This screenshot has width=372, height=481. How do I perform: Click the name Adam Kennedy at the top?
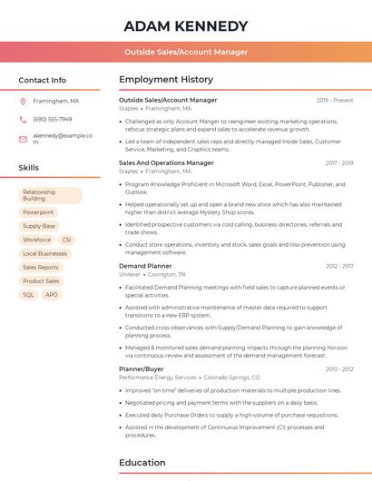(x=185, y=25)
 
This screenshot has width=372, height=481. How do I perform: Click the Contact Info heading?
(x=42, y=80)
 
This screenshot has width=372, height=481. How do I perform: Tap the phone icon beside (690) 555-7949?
(x=23, y=119)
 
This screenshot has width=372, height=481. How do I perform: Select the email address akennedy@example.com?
(x=63, y=138)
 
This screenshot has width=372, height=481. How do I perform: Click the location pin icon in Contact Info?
(x=23, y=101)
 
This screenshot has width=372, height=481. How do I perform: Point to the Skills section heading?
(x=29, y=168)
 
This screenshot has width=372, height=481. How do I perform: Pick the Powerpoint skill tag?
(x=38, y=212)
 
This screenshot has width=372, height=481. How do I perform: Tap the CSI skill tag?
(x=66, y=240)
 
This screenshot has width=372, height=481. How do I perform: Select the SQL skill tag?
(x=28, y=295)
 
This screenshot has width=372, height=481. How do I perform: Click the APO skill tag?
(x=52, y=295)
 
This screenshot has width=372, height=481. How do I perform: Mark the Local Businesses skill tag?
(x=44, y=253)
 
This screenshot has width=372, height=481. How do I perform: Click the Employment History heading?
(x=166, y=80)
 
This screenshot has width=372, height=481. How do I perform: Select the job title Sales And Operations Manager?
(x=166, y=163)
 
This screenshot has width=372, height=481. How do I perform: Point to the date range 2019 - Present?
(x=335, y=100)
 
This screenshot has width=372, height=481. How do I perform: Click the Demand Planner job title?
(x=145, y=266)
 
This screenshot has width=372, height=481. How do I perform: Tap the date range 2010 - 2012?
(x=339, y=369)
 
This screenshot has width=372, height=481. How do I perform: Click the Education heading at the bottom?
(x=142, y=463)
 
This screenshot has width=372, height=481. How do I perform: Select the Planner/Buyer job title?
(x=142, y=369)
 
